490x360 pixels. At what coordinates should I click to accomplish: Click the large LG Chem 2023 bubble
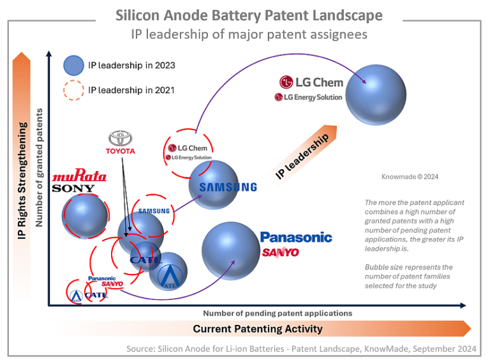(x=376, y=94)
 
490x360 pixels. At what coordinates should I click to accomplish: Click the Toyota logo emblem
(x=121, y=139)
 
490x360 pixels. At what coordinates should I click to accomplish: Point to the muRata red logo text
(x=79, y=176)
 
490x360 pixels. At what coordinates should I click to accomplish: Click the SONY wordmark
(x=73, y=188)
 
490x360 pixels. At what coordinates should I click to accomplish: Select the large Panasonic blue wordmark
(x=296, y=237)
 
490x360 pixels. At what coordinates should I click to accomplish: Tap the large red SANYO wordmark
(x=280, y=253)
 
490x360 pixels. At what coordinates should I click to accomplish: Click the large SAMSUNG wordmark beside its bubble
(x=227, y=187)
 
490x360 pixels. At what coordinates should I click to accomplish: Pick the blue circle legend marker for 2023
(x=74, y=64)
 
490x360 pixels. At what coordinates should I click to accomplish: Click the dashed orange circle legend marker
(x=74, y=90)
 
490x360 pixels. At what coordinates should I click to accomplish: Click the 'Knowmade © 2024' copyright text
(x=410, y=177)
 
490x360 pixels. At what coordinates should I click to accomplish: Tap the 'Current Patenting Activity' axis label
(x=258, y=329)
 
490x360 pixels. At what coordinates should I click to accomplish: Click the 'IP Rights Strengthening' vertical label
(x=23, y=182)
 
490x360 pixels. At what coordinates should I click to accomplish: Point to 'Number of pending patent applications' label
(x=278, y=313)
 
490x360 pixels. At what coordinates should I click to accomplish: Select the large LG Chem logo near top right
(x=311, y=82)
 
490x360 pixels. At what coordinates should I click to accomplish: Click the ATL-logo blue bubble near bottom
(x=168, y=270)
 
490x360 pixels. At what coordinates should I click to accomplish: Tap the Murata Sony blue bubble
(x=85, y=215)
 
